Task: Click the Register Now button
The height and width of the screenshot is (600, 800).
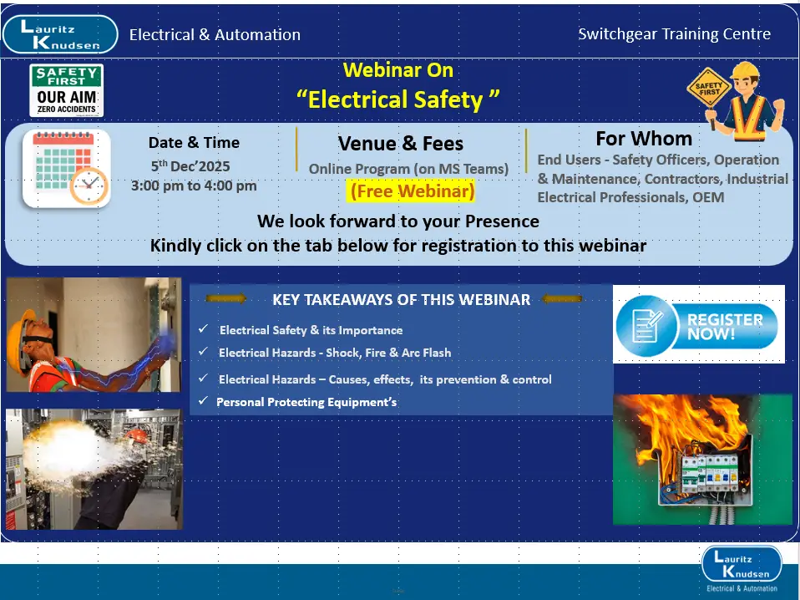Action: (698, 325)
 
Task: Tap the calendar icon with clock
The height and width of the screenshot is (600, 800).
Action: (66, 169)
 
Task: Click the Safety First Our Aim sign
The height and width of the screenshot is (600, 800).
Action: (67, 90)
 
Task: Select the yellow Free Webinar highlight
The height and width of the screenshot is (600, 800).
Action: (412, 191)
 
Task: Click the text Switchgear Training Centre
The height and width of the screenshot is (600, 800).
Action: (674, 34)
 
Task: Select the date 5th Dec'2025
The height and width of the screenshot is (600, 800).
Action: (190, 165)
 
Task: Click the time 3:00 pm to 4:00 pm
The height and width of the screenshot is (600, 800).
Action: (194, 186)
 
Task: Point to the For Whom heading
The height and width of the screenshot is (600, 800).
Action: (643, 138)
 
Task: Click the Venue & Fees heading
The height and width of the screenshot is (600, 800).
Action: (400, 143)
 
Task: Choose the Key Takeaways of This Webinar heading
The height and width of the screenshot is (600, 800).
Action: (401, 299)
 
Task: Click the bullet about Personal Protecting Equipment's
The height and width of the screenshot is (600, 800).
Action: (306, 402)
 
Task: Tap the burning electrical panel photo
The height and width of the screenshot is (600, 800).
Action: (702, 459)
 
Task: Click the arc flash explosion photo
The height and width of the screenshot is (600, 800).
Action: (93, 468)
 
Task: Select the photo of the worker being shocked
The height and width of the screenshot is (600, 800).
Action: (93, 334)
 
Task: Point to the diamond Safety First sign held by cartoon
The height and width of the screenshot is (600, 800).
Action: (708, 88)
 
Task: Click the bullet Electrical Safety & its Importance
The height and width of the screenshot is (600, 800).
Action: (311, 330)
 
